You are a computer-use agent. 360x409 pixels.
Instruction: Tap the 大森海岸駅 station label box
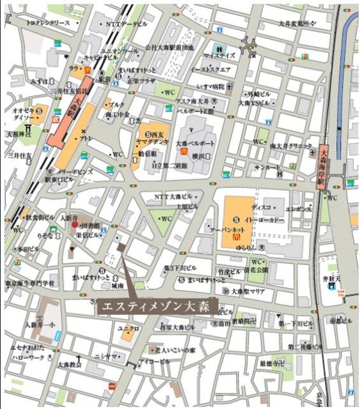tap(324, 166)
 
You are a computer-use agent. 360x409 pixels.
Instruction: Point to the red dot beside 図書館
tap(75, 226)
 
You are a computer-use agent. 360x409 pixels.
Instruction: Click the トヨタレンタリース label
tap(48, 22)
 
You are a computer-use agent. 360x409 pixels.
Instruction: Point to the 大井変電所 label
tap(297, 23)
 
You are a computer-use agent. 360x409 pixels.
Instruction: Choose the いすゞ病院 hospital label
tap(208, 86)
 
